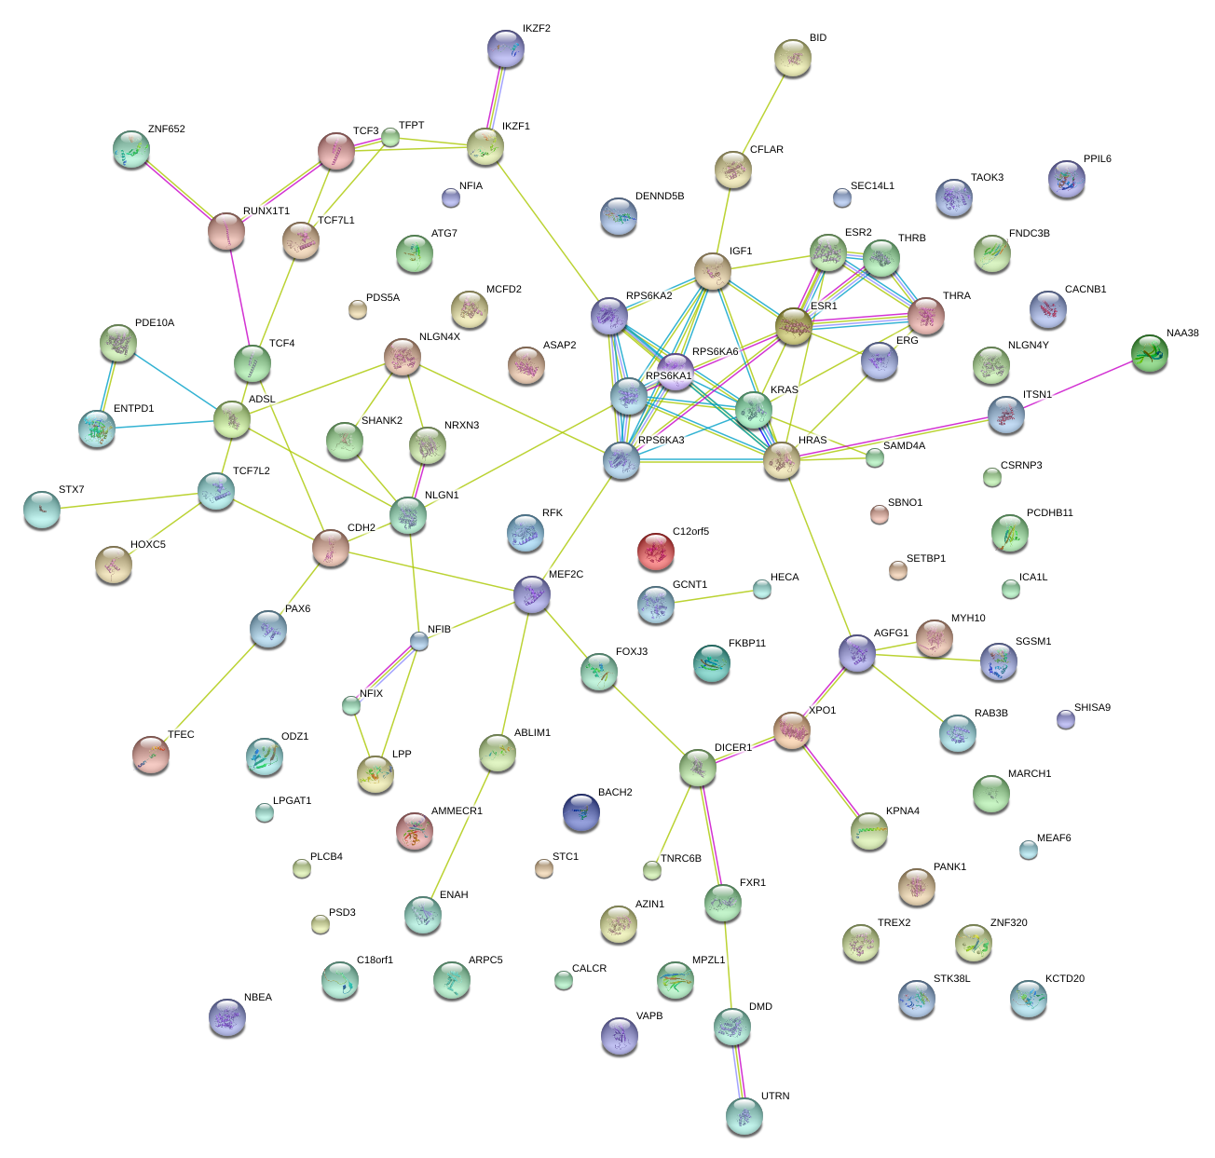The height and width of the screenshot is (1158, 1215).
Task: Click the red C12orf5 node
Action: [x=655, y=552]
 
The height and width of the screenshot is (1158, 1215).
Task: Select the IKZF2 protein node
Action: [x=506, y=48]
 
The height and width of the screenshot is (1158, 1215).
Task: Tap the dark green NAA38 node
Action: [x=1149, y=353]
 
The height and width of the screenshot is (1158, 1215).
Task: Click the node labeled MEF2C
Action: [x=532, y=593]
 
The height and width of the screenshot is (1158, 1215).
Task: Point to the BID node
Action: [x=793, y=58]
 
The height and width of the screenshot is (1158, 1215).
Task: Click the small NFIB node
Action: [x=419, y=640]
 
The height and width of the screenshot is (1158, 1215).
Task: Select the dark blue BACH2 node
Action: [x=581, y=812]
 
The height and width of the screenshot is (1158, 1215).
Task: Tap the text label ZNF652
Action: [x=166, y=129]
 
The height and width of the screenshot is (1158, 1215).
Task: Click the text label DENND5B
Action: [x=660, y=197]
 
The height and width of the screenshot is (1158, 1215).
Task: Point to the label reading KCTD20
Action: [x=1065, y=979]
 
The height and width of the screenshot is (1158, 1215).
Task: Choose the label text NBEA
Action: [x=258, y=998]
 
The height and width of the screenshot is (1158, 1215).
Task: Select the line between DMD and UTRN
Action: [x=738, y=1069]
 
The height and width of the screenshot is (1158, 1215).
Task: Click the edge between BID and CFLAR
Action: [x=763, y=114]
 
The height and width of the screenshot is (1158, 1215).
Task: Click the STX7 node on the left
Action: [x=42, y=508]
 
